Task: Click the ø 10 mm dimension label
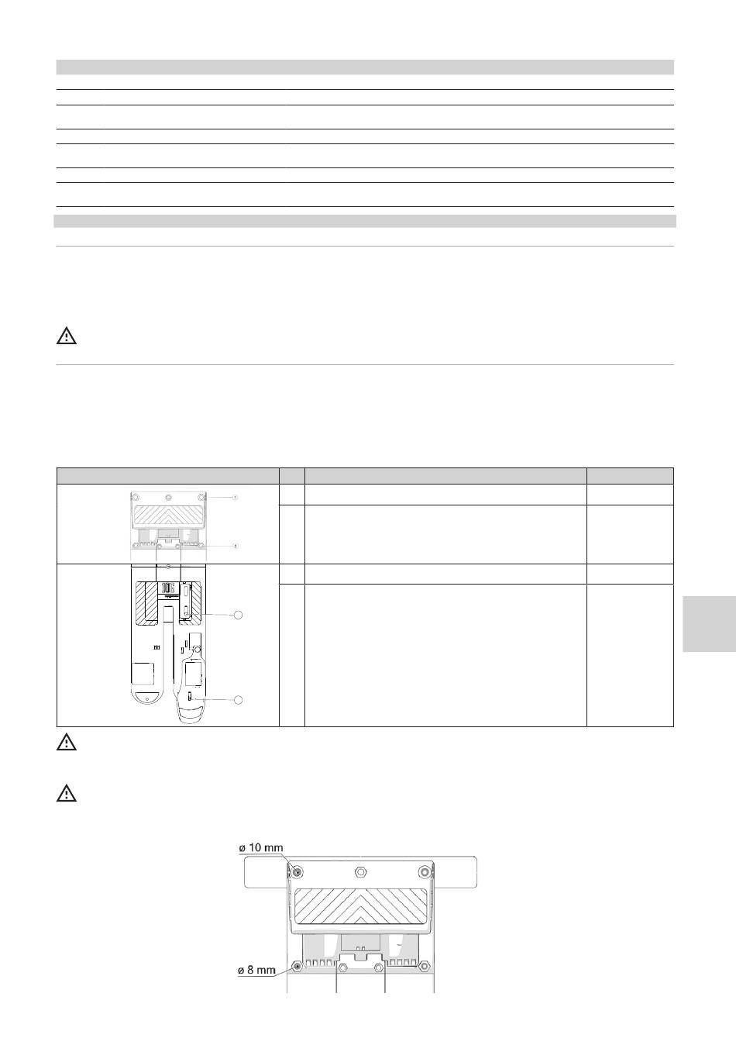click(x=260, y=847)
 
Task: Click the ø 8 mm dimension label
click(x=257, y=970)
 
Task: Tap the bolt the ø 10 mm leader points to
click(x=297, y=871)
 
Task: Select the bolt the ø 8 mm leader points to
click(x=297, y=964)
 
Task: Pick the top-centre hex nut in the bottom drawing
click(x=359, y=871)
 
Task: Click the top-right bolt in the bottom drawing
click(x=424, y=871)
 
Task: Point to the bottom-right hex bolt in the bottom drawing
click(x=424, y=964)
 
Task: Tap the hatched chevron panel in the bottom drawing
click(x=361, y=909)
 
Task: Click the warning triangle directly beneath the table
click(x=66, y=742)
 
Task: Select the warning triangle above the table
click(x=66, y=336)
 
